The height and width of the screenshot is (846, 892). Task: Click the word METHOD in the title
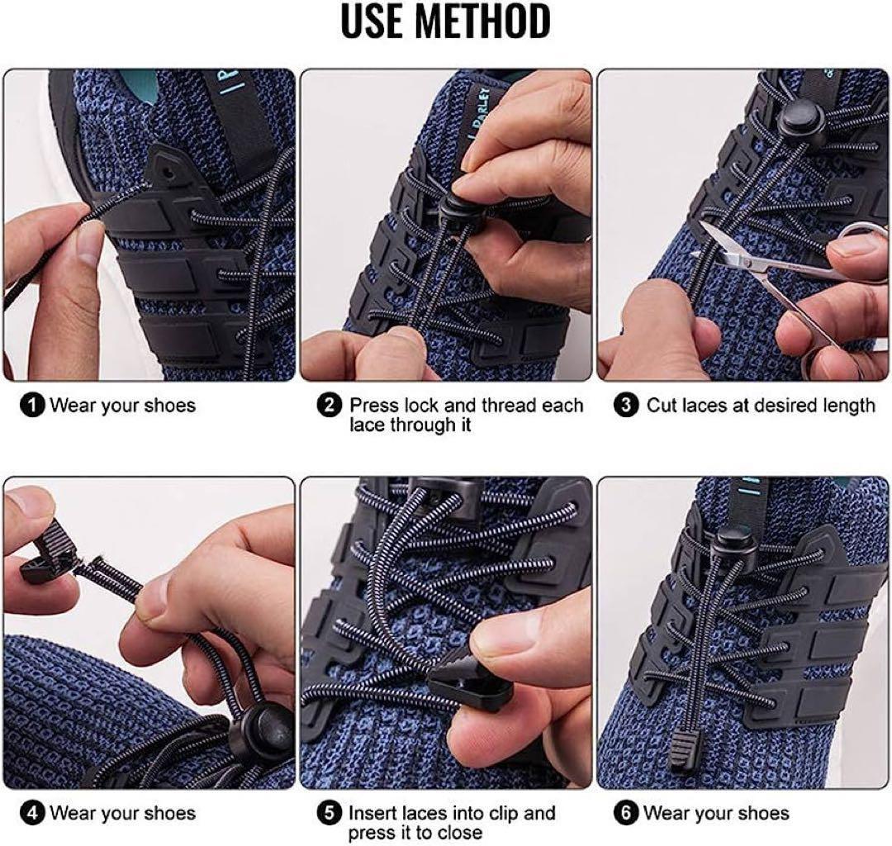coord(482,21)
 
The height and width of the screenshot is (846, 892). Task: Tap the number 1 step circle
coord(32,406)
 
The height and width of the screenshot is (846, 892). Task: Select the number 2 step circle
coord(330,406)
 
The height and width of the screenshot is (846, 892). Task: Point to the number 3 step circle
coord(626,406)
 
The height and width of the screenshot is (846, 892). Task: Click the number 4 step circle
coord(32,813)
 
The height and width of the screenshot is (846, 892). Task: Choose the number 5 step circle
coord(330,813)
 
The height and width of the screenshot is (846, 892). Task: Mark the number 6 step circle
coord(626,813)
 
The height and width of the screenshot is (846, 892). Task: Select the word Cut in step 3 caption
coord(661,406)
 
